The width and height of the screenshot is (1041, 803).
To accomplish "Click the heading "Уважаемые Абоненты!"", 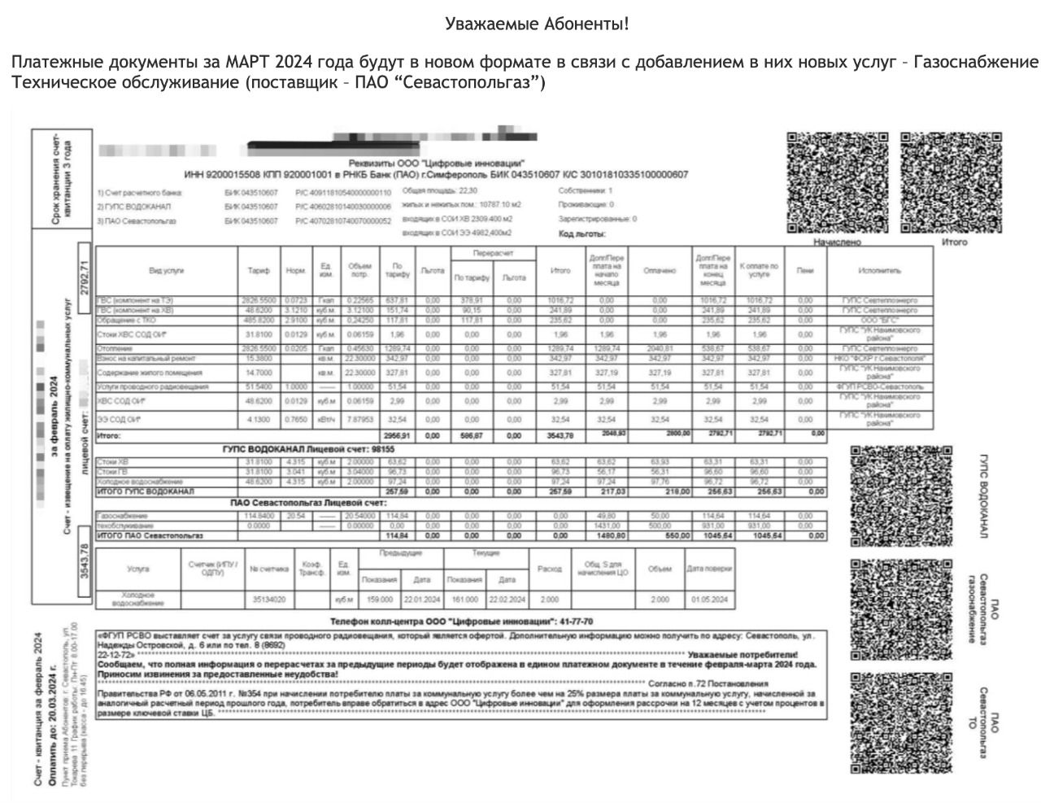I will [537, 24].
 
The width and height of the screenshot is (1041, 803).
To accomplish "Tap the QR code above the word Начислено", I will [836, 182].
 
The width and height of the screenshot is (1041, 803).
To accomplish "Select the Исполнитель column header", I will [879, 270].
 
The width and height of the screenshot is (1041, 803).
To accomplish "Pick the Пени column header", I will [805, 270].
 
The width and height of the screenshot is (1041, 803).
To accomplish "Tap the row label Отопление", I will [114, 348].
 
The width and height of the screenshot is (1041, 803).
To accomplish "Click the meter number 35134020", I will [268, 600].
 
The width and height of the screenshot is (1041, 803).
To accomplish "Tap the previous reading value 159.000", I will [379, 600].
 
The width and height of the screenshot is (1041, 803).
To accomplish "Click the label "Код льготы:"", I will [582, 233].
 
